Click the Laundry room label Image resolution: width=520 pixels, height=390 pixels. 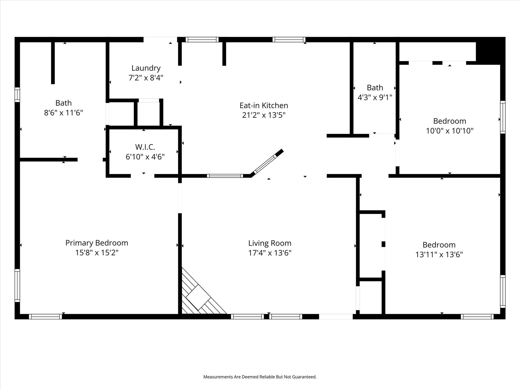point(146,68)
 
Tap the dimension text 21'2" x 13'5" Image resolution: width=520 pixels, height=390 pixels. point(264,115)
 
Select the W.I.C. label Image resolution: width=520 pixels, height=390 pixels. point(145,147)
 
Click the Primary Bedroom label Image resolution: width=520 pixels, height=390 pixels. point(96,243)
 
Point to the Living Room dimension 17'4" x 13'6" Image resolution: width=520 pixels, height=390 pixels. point(270,253)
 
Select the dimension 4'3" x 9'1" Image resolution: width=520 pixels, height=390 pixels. point(375,97)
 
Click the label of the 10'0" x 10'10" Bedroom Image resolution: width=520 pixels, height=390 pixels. point(449,121)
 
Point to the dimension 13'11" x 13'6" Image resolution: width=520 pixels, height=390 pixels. point(439,254)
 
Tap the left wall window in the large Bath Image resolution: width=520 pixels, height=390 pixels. point(17,94)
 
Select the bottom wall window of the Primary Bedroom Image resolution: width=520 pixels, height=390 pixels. point(45,317)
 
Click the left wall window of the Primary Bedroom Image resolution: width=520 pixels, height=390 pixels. point(17,286)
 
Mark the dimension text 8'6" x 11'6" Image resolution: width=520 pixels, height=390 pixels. point(63,113)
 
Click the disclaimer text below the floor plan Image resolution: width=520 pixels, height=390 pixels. point(260,377)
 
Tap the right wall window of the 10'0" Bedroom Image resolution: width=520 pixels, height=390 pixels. point(502,117)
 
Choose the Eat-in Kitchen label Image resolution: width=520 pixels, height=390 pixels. point(264,105)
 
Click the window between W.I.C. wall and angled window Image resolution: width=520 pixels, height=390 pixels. point(225,176)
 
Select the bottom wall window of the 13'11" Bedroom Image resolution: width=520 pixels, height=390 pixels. point(477,317)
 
